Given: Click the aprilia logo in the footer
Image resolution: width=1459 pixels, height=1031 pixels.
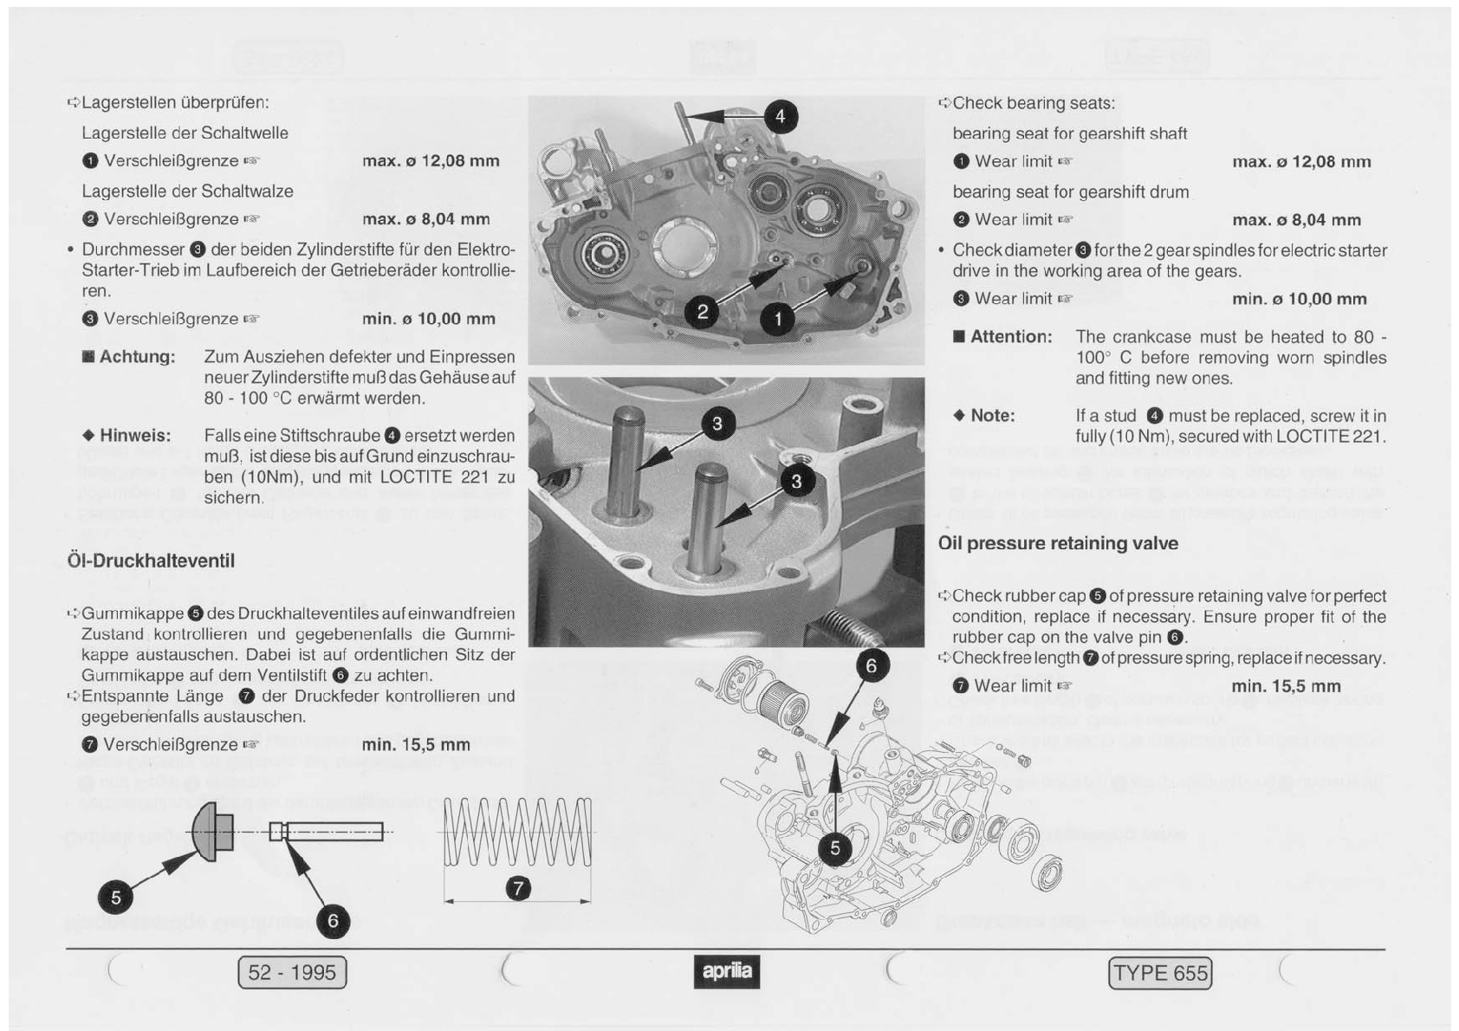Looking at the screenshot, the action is point(726,972).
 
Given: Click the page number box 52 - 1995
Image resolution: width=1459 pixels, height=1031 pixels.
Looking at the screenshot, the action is point(292,972).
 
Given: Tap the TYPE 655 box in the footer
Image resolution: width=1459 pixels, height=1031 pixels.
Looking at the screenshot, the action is point(1159,973).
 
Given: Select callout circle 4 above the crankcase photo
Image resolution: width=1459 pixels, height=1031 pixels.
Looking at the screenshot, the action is point(780,117).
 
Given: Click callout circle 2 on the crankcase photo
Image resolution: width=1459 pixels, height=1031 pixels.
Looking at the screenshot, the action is point(702,313).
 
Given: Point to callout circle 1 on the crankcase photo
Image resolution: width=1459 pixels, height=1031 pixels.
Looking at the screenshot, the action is point(778,319).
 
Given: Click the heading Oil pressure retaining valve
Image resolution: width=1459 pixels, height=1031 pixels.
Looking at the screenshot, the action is point(1058,543).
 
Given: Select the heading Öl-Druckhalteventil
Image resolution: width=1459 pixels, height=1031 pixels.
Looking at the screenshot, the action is point(151,561).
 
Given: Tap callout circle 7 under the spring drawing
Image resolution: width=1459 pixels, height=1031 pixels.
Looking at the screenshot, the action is point(518,888).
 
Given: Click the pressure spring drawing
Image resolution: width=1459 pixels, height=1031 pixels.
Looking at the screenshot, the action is point(518,833).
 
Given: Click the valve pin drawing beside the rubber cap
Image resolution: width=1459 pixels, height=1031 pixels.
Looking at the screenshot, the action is point(327,832).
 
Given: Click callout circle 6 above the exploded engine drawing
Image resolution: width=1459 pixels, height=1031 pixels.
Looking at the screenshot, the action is point(871,665).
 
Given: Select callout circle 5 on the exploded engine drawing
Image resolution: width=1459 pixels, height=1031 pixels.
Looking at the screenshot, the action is point(835,848).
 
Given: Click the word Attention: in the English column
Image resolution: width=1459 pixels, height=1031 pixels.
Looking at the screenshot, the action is point(1002,337).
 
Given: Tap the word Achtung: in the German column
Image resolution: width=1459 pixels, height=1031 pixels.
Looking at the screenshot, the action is point(129,357).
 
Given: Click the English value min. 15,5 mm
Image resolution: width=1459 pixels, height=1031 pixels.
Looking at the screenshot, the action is point(1286,686).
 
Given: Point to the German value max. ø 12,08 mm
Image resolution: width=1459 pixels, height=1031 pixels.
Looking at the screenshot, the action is point(431,161).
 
